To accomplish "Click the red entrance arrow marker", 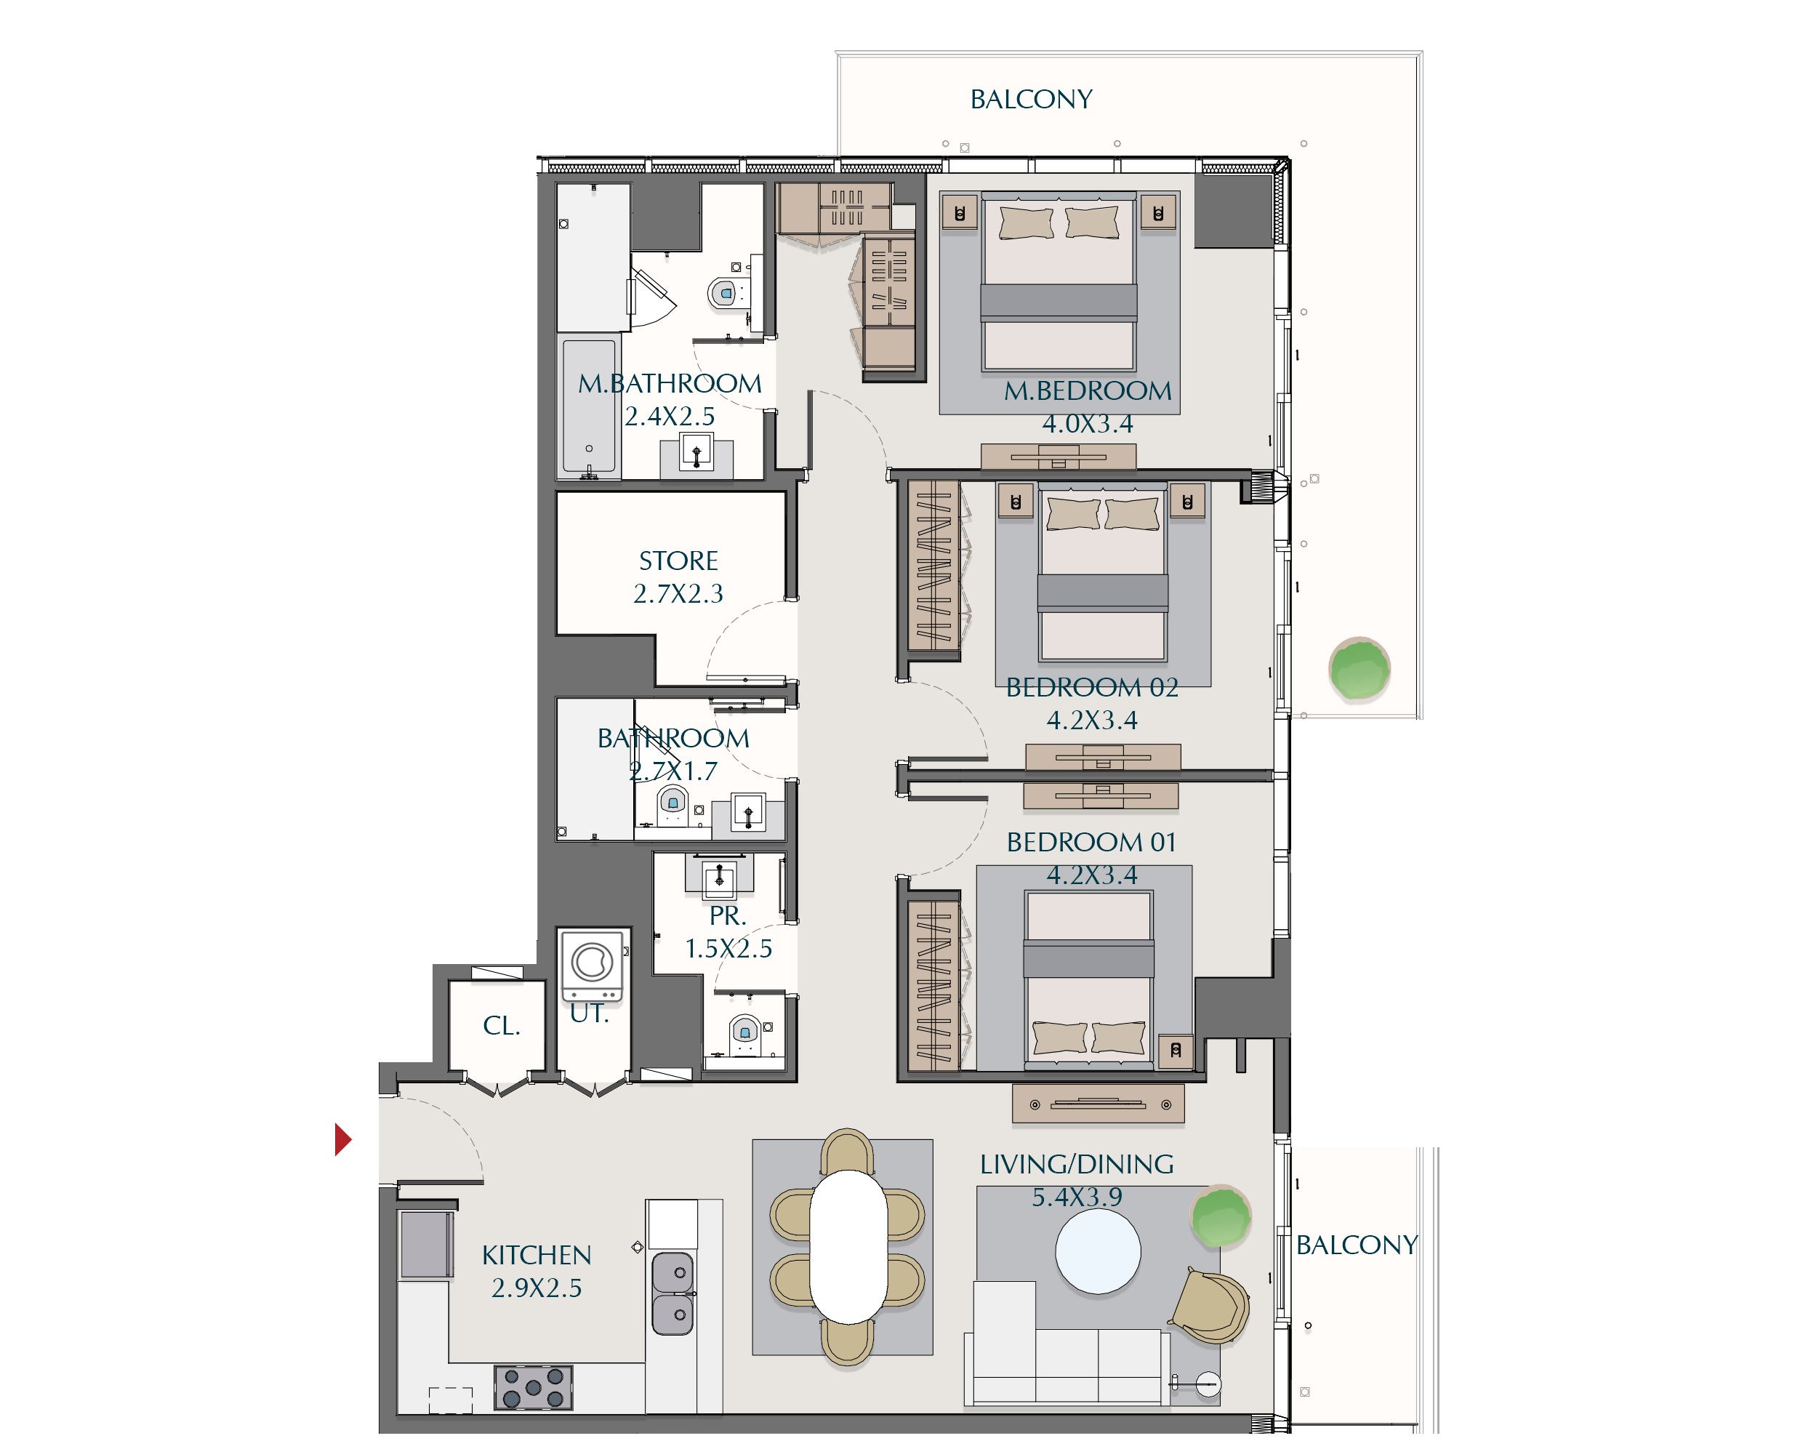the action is click(342, 1139).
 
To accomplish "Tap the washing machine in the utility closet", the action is click(592, 966).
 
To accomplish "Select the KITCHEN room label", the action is click(536, 1255).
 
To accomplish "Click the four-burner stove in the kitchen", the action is click(534, 1389).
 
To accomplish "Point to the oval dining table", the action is click(848, 1248).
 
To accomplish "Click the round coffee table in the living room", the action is click(1098, 1252).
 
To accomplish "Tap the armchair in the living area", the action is click(1212, 1306).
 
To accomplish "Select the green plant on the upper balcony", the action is click(1359, 669).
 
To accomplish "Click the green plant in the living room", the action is click(1221, 1216).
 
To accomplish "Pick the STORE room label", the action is click(678, 561).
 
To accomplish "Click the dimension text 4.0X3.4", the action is click(1087, 424).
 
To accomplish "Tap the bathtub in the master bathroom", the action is click(589, 407).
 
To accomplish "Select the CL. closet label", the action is click(502, 1026).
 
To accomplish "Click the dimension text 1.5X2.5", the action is click(728, 949).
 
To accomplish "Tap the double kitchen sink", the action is click(673, 1293).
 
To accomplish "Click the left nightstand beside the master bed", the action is click(959, 213).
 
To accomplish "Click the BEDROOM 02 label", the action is click(1092, 687).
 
